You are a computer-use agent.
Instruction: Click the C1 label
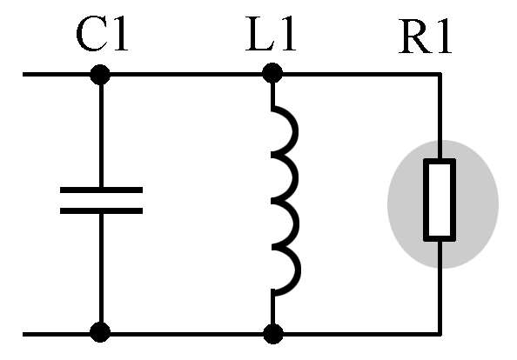pos(102,35)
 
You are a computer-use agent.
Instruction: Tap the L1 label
pos(271,35)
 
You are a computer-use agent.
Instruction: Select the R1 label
pos(425,37)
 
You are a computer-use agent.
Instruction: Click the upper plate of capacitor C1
pos(101,190)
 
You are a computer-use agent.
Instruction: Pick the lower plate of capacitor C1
pos(101,210)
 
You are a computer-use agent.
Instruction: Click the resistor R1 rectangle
pos(440,200)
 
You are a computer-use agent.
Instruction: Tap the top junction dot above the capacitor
pos(100,75)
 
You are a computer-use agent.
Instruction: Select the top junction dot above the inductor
pos(272,73)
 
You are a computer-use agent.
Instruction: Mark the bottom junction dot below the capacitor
pos(100,332)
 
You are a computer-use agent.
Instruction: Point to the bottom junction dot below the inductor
pos(273,334)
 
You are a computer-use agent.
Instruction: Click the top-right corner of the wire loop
pos(440,75)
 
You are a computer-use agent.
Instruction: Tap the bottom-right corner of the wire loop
pos(440,334)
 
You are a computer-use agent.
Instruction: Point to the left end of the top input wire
pos(23,75)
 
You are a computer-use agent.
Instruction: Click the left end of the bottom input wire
pos(23,334)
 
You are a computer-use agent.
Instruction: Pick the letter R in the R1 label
pos(415,37)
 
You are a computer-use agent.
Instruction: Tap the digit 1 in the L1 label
pos(287,35)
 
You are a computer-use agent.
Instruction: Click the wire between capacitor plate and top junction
pos(101,136)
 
